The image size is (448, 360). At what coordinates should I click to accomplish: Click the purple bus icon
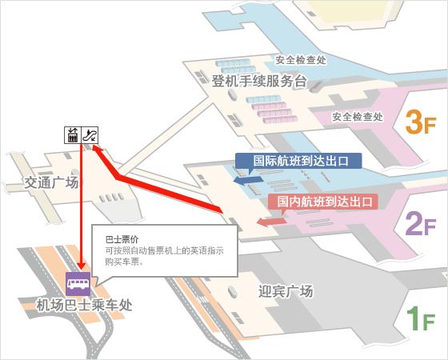[78, 283]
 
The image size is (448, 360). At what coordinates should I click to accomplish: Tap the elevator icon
[74, 134]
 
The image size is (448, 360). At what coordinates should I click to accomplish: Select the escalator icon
[91, 134]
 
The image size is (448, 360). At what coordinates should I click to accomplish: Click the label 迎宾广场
[286, 290]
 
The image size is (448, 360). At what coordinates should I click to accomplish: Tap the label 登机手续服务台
[260, 81]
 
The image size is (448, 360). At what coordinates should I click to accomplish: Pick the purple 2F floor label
[420, 225]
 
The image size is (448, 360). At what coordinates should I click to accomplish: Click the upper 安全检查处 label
[301, 59]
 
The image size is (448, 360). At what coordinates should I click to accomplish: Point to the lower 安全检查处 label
[358, 116]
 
